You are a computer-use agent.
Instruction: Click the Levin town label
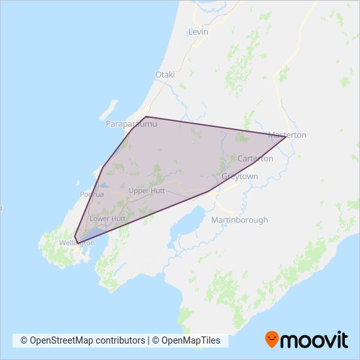[198, 31]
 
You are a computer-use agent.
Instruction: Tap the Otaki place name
[165, 75]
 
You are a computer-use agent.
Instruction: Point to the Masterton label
[288, 135]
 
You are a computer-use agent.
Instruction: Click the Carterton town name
[255, 158]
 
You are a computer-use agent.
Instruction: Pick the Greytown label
[240, 177]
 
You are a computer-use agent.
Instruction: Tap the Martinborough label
[239, 220]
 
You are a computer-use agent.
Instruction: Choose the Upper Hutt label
[147, 190]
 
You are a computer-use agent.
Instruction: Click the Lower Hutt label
[107, 218]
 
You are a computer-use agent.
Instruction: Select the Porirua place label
[92, 194]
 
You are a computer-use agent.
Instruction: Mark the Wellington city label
[77, 243]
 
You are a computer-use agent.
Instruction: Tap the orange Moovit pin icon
[272, 339]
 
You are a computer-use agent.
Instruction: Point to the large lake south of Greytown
[185, 226]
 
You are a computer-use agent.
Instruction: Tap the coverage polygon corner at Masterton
[285, 136]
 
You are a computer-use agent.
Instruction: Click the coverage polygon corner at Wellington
[75, 238]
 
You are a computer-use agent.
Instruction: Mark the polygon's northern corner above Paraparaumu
[145, 117]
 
